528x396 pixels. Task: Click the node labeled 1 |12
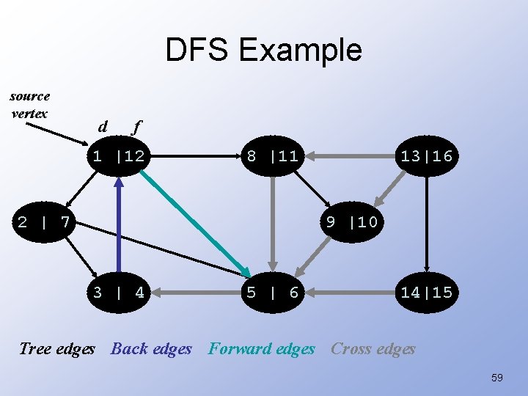coord(118,155)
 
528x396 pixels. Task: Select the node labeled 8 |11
coord(272,155)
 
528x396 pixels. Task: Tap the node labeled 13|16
coord(425,155)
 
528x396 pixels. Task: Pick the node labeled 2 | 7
coord(44,221)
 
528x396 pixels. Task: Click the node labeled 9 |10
coord(351,221)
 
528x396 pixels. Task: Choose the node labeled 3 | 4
coord(118,292)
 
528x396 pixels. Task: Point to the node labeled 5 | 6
coord(272,292)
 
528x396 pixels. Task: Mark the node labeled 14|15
coord(425,292)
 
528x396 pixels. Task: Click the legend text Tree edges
coord(57,349)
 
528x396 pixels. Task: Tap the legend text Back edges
coord(151,349)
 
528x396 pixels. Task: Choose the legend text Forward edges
coord(261,349)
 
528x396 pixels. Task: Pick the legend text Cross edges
coord(373,349)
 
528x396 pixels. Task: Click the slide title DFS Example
coord(263,50)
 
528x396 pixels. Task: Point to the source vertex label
coord(30,104)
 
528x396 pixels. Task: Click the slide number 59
coord(496,377)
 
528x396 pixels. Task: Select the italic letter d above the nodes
coord(103,127)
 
